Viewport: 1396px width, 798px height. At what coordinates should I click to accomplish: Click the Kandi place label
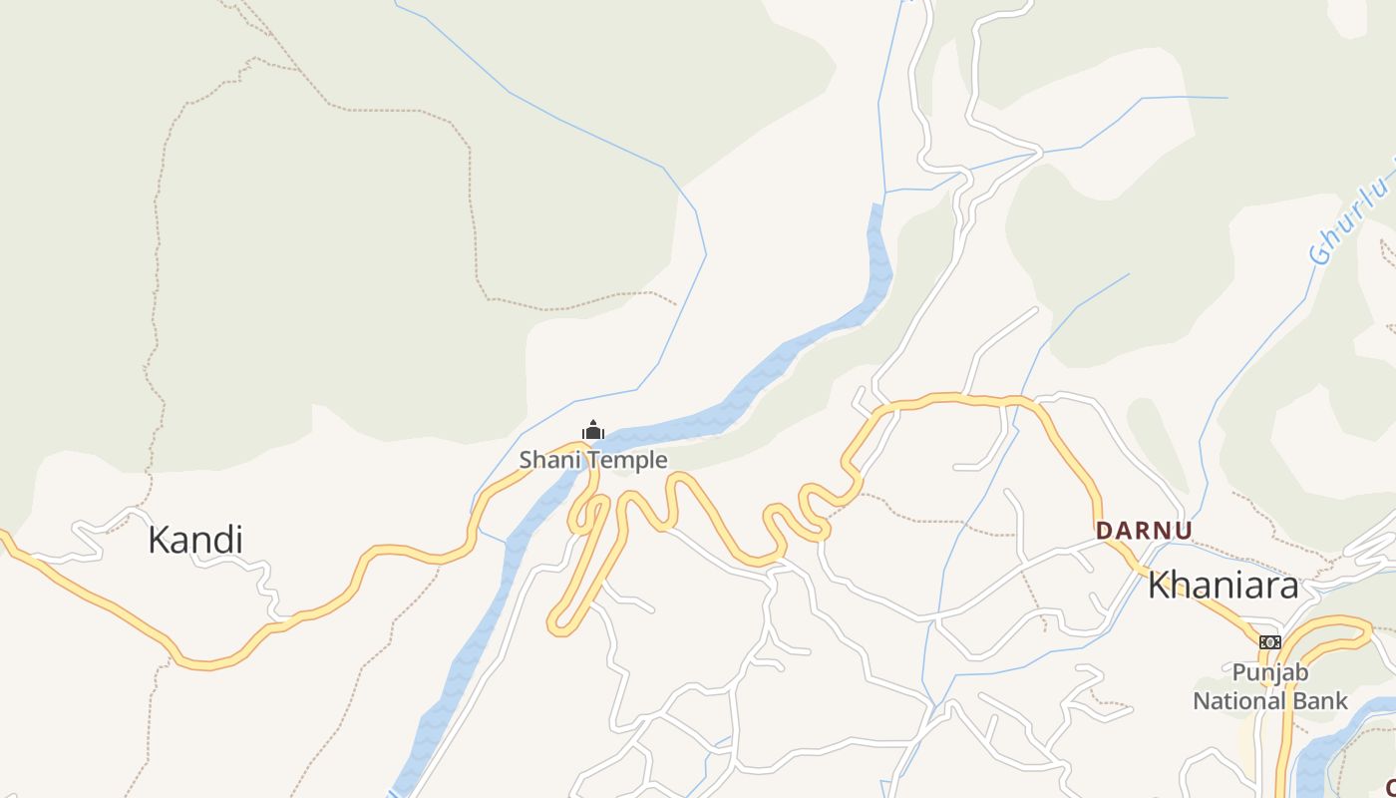point(195,540)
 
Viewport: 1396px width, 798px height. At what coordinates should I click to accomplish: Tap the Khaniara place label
point(1223,586)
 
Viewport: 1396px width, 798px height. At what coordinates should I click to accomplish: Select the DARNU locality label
point(1144,531)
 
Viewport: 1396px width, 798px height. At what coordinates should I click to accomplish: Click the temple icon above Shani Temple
point(593,431)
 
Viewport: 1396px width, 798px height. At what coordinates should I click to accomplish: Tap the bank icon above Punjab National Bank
point(1269,642)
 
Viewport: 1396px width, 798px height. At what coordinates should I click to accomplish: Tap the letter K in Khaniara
point(1159,586)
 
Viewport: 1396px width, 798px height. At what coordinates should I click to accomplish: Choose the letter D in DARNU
point(1104,531)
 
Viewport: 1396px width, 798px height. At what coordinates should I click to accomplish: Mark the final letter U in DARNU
point(1183,531)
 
